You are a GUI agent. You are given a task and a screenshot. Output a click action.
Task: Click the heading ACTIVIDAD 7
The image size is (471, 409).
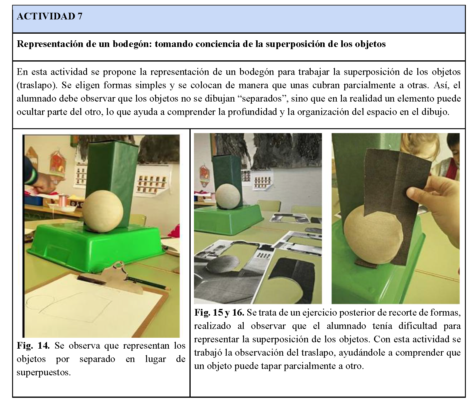pyautogui.click(x=49, y=16)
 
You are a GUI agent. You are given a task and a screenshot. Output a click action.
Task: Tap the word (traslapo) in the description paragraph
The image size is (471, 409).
pyautogui.click(x=37, y=85)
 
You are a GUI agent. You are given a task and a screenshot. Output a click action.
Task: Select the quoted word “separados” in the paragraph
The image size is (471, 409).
pyautogui.click(x=263, y=99)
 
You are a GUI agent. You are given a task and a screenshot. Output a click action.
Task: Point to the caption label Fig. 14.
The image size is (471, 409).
pyautogui.click(x=33, y=346)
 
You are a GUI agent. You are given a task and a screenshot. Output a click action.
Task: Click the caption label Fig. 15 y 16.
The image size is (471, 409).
pyautogui.click(x=219, y=313)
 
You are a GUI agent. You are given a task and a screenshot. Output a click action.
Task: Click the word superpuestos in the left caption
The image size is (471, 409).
pyautogui.click(x=44, y=372)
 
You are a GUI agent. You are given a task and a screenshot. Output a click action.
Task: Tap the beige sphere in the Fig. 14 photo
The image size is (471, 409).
pyautogui.click(x=103, y=211)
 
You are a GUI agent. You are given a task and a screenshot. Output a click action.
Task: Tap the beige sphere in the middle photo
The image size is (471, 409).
pyautogui.click(x=228, y=197)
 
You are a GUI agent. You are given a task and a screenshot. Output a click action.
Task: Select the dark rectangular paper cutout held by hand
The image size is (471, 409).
pyautogui.click(x=397, y=203)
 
